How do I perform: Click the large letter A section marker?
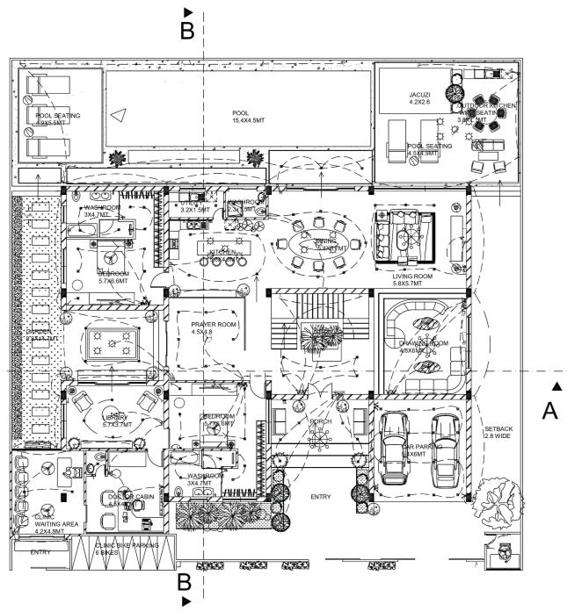pyautogui.click(x=550, y=411)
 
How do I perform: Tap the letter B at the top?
pyautogui.click(x=186, y=32)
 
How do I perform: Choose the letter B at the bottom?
pyautogui.click(x=185, y=581)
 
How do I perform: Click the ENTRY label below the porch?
pyautogui.click(x=323, y=498)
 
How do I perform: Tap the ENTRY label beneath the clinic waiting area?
pyautogui.click(x=40, y=553)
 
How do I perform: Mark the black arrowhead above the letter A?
pyautogui.click(x=555, y=385)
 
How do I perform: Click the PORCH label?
pyautogui.click(x=320, y=422)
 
